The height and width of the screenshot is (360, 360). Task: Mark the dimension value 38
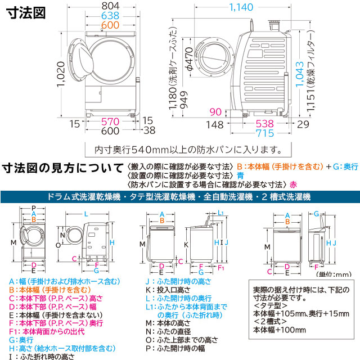pos(149,131)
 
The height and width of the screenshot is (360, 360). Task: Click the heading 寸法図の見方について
pos(62,168)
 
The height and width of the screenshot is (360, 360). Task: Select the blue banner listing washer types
pos(180,197)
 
